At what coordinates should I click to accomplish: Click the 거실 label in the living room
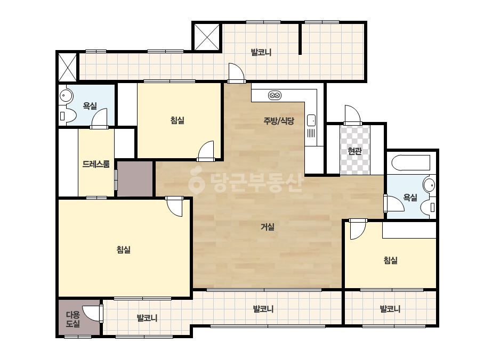coord(268,227)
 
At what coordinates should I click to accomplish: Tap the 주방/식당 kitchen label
coord(279,121)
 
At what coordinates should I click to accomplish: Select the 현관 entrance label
coord(355,151)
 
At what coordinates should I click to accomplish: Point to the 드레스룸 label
coord(96,164)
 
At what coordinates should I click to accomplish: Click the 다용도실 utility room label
coord(73,319)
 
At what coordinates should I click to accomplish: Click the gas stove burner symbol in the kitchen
coord(275,95)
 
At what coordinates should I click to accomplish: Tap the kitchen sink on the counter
coord(311,120)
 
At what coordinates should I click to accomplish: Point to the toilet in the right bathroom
coord(429,207)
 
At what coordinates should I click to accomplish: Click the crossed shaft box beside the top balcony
coord(207,37)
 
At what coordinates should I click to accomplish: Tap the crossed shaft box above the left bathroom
coord(68,67)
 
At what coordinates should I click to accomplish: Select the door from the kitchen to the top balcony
coord(236,73)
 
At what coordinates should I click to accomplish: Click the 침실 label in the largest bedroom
coord(124,250)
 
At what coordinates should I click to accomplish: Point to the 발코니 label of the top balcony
coord(261,52)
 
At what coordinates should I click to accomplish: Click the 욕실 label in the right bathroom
coord(410,197)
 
